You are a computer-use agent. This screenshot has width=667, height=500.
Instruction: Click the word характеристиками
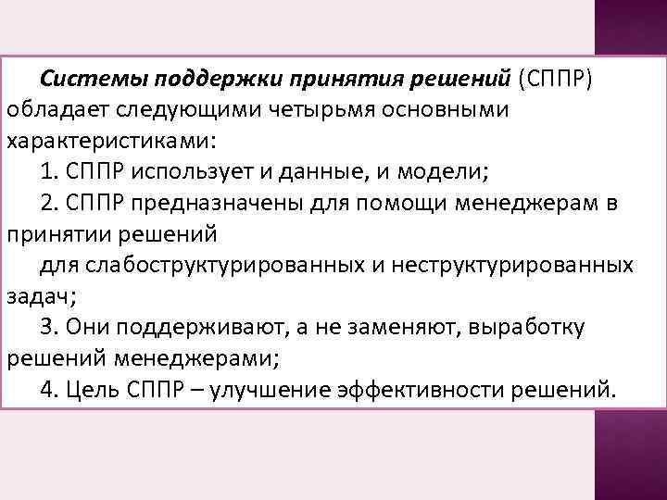click(109, 144)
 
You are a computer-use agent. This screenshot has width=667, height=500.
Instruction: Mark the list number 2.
click(49, 204)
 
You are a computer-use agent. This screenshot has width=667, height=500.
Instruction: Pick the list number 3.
click(49, 327)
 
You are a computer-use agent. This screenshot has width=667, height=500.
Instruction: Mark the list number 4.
click(49, 389)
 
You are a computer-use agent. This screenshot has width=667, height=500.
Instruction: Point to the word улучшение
click(258, 389)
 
